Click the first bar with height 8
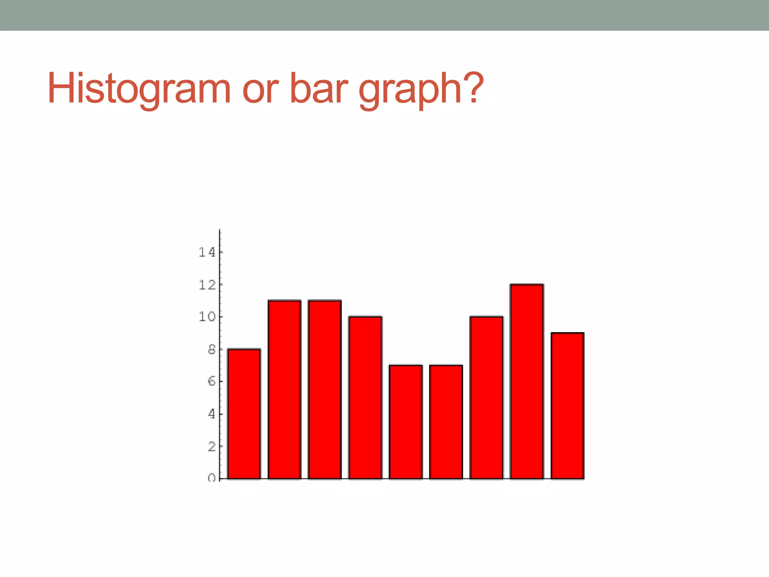pos(244,414)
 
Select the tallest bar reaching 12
pos(527,382)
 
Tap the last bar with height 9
pos(567,406)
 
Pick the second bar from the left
pos(285,390)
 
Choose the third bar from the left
pos(325,390)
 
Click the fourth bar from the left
pos(365,397)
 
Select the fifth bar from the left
pos(406,422)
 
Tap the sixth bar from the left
pos(446,422)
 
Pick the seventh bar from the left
pos(486,397)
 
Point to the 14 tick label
pos(207,252)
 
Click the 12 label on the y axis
pos(207,285)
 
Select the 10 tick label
pos(207,317)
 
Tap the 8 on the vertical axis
pos(212,350)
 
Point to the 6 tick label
pos(212,382)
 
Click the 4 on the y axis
pos(212,414)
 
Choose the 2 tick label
pos(212,447)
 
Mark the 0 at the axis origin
pos(212,478)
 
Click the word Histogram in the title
pos(139,89)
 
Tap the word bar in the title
pos(319,89)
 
